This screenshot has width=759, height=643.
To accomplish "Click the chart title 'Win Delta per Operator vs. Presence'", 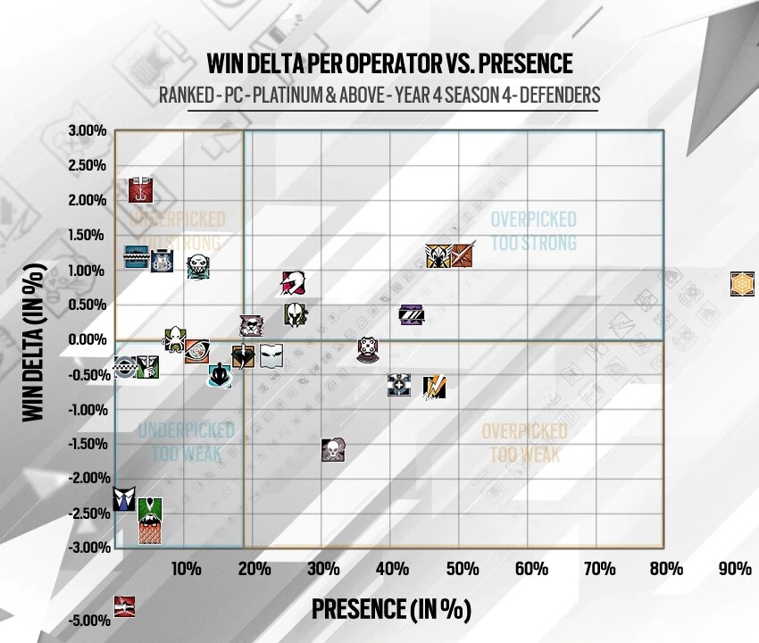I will tap(389, 63).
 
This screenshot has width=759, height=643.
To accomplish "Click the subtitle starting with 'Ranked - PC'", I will tap(379, 95).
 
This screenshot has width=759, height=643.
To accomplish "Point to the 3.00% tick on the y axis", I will tap(87, 131).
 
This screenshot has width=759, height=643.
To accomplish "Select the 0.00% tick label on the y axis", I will tap(87, 339).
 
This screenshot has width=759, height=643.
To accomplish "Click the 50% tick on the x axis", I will tap(462, 568).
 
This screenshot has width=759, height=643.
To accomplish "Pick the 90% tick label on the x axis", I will tap(736, 568).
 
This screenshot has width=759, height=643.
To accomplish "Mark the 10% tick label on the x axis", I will tap(185, 568).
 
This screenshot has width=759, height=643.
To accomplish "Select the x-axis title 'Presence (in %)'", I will tap(390, 609).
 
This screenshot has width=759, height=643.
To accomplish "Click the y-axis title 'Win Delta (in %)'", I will tap(33, 343).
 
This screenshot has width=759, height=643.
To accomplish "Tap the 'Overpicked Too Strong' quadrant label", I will tap(534, 230).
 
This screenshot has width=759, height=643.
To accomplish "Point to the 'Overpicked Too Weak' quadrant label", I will tap(525, 442).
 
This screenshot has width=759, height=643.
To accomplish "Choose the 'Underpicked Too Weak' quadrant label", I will tap(186, 442).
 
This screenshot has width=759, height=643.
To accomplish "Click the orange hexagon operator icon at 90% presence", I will tap(743, 284).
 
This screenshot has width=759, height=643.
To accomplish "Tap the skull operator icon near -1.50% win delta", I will tap(333, 449).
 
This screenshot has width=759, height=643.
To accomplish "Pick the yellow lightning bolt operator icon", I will tap(434, 386).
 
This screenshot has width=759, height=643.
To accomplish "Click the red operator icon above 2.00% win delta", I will tap(141, 189).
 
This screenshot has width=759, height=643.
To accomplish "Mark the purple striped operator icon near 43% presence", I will tap(411, 313).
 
